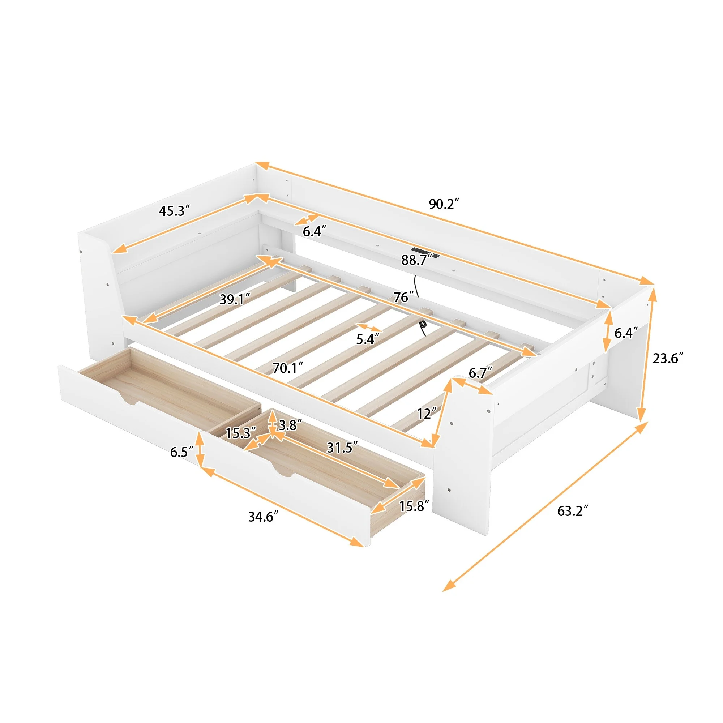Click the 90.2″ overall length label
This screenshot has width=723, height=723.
(444, 204)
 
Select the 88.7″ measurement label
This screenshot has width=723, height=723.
(415, 260)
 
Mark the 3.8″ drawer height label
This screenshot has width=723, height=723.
(290, 425)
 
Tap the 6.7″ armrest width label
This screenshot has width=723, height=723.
(480, 373)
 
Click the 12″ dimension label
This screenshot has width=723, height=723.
(427, 414)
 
